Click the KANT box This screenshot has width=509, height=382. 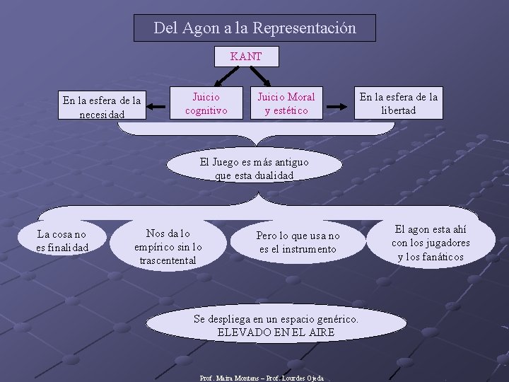click(x=246, y=57)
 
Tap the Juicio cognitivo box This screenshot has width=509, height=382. click(x=206, y=103)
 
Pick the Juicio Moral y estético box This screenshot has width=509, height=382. click(x=286, y=103)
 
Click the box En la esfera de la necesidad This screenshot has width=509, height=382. click(x=102, y=107)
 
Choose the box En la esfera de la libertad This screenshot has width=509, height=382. click(x=398, y=103)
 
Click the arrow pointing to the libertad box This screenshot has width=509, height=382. click(x=340, y=107)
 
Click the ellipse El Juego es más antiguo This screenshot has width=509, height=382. click(x=254, y=168)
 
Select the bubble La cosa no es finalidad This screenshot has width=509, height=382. click(x=62, y=241)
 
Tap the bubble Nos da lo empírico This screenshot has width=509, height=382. click(x=168, y=246)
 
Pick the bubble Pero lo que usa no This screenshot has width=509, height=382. click(x=298, y=242)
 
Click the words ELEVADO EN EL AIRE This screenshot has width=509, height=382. click(x=276, y=332)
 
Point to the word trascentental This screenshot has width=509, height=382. click(x=168, y=260)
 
